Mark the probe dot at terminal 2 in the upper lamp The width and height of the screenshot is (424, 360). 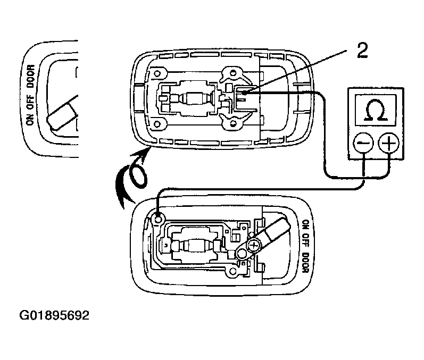click(x=243, y=93)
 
